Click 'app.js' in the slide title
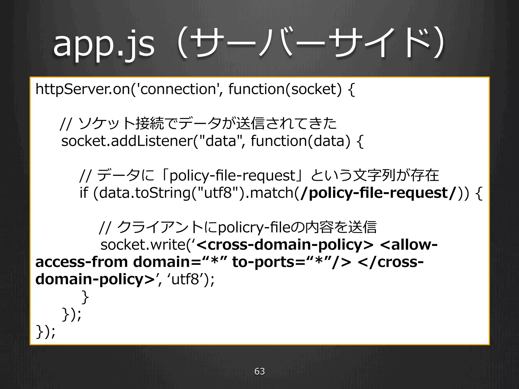(x=103, y=45)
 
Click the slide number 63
(x=259, y=371)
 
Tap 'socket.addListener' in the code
(x=127, y=141)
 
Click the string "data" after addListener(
(x=220, y=141)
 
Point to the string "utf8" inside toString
(x=218, y=193)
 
